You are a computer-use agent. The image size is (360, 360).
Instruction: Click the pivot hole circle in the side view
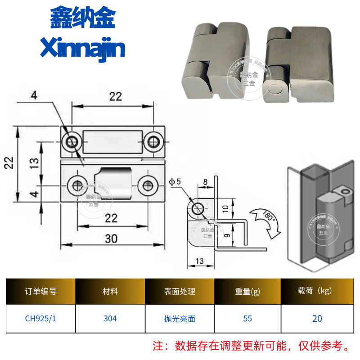pyautogui.click(x=198, y=209)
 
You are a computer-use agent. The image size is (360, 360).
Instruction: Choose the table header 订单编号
pyautogui.click(x=40, y=291)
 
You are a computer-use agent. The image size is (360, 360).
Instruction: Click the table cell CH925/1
pyautogui.click(x=40, y=319)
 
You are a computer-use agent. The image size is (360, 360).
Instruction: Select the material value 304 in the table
pyautogui.click(x=110, y=319)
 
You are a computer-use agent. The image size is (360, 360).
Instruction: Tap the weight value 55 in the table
pyautogui.click(x=247, y=319)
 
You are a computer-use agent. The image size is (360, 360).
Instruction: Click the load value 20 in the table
pyautogui.click(x=317, y=319)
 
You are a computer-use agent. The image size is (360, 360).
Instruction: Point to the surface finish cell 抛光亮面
pyautogui.click(x=180, y=319)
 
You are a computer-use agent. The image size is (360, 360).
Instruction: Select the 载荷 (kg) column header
pyautogui.click(x=317, y=291)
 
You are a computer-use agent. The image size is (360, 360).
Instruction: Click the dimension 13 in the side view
pyautogui.click(x=200, y=261)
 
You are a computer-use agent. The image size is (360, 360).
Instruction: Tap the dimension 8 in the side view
pyautogui.click(x=206, y=182)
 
